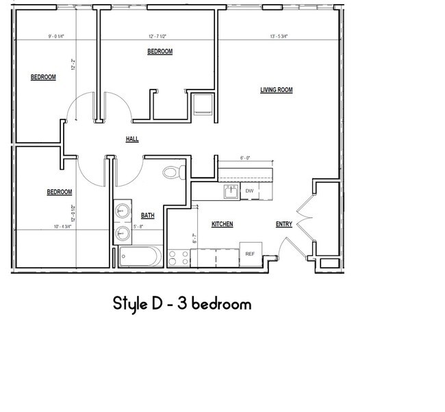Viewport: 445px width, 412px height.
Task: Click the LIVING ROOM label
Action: pos(276,90)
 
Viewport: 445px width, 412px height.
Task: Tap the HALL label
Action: pos(132,139)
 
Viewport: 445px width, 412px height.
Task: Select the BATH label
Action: pos(148,216)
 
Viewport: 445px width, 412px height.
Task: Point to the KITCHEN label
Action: pos(222,224)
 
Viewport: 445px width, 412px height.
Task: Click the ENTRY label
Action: pos(283,224)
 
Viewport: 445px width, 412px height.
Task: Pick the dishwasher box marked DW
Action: pos(250,191)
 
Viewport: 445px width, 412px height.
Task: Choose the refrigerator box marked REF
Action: pos(251,253)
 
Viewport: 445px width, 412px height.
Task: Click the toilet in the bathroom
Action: pos(173,172)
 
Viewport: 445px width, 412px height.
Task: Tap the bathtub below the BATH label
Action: pos(140,257)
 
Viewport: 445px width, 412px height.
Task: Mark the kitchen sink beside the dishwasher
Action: pos(231,192)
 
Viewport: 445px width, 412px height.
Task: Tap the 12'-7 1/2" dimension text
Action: pos(159,37)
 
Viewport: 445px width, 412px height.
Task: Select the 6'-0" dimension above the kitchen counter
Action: pos(244,158)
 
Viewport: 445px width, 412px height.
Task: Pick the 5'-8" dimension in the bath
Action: pos(138,226)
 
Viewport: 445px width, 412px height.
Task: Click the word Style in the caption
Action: pos(132,304)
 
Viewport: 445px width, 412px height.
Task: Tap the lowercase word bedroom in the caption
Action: pos(221,304)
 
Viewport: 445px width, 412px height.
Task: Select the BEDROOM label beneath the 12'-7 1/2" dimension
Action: pos(160,52)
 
